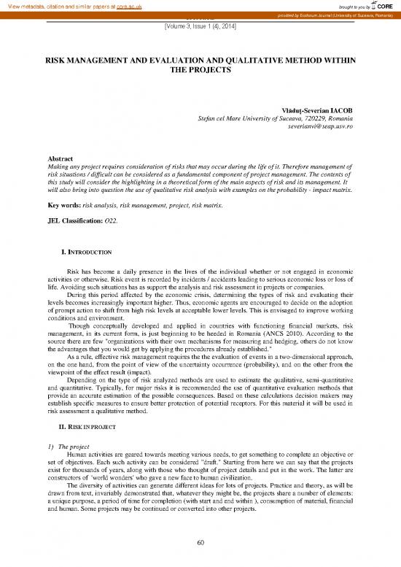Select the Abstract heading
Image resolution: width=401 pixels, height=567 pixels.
(x=60, y=158)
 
